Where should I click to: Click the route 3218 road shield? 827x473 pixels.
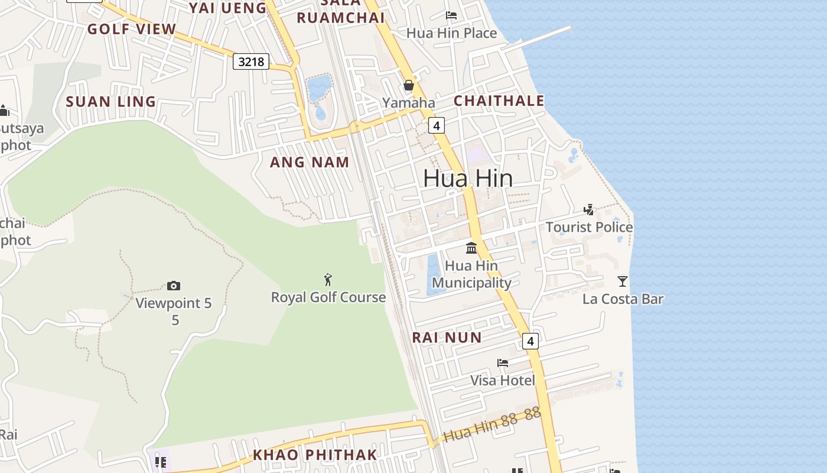(x=251, y=61)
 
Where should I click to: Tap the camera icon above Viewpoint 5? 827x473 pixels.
(x=173, y=286)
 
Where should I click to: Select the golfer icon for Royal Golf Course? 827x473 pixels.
(x=328, y=279)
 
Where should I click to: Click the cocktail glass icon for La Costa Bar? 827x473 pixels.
(x=622, y=281)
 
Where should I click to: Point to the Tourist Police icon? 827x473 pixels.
(x=588, y=209)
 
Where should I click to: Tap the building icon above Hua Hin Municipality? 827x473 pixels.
(x=471, y=248)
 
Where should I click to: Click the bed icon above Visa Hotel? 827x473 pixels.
(x=502, y=362)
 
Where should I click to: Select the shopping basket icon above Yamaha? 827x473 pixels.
(x=408, y=86)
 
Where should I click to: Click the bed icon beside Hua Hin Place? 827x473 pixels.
(x=451, y=15)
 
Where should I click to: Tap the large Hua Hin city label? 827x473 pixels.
(x=468, y=178)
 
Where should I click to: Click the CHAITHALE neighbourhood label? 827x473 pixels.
(x=499, y=101)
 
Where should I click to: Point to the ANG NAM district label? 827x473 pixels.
(x=310, y=162)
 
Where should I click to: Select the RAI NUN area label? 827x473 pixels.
(x=447, y=338)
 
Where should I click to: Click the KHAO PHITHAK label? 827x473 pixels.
(x=315, y=455)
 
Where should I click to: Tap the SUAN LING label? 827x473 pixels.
(x=110, y=102)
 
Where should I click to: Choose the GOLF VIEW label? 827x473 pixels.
(x=132, y=29)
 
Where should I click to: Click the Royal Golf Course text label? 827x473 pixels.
(x=328, y=297)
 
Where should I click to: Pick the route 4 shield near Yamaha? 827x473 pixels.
(x=436, y=125)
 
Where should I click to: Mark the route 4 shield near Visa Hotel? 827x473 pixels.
(x=530, y=341)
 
